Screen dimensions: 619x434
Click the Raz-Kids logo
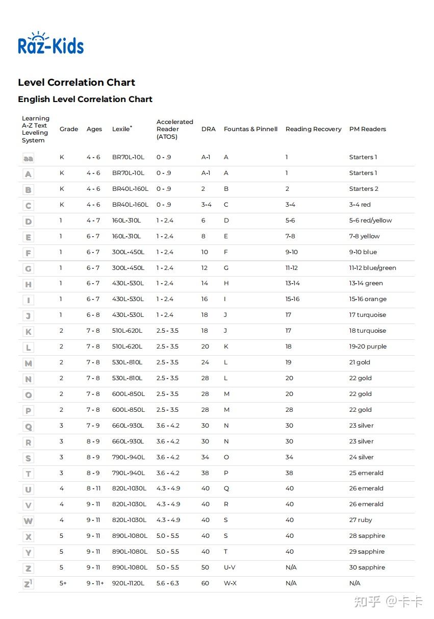(x=50, y=44)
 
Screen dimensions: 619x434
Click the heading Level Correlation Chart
(x=76, y=83)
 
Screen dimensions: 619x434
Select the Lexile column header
(x=121, y=129)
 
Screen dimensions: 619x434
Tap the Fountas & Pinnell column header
(x=250, y=129)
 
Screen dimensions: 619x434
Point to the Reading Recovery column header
(x=313, y=129)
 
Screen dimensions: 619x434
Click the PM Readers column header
(x=367, y=129)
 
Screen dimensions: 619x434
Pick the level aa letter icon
(x=28, y=158)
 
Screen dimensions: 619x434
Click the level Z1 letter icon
(x=28, y=583)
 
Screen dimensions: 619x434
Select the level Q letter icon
(x=28, y=426)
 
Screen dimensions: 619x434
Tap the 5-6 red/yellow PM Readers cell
(x=370, y=220)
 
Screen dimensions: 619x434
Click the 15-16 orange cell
(x=368, y=299)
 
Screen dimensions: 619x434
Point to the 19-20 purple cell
(x=368, y=346)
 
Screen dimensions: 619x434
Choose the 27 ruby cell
(x=361, y=520)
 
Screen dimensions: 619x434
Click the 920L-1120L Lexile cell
(x=128, y=583)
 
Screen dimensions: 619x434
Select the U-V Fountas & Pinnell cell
(x=229, y=567)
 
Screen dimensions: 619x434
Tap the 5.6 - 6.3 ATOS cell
(x=167, y=583)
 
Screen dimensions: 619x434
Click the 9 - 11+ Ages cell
(x=95, y=583)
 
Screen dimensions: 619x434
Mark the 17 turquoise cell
(x=367, y=315)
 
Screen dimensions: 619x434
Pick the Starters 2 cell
(x=364, y=189)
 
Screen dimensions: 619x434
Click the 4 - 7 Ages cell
(x=93, y=220)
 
